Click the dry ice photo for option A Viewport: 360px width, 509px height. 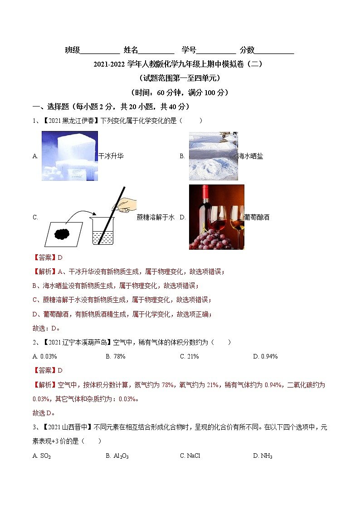pyautogui.click(x=69, y=155)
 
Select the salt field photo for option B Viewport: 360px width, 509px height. pyautogui.click(x=213, y=156)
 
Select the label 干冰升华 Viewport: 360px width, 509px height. pyautogui.click(x=111, y=156)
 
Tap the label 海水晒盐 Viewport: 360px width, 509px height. pyautogui.click(x=250, y=156)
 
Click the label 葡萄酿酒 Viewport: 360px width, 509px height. pyautogui.click(x=257, y=217)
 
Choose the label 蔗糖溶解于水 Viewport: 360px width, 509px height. pyautogui.click(x=156, y=217)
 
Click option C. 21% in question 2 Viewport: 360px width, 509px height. pyautogui.click(x=190, y=356)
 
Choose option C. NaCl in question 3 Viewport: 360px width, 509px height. pyautogui.click(x=190, y=456)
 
